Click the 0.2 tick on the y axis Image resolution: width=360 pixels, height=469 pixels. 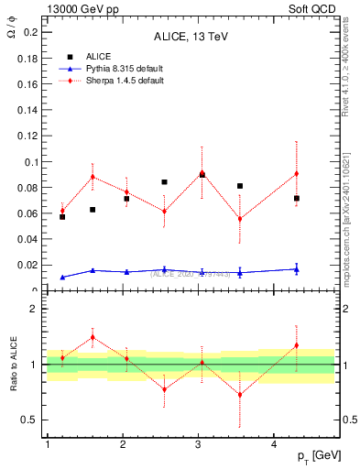click(31, 32)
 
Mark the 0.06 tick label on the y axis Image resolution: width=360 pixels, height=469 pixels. click(28, 213)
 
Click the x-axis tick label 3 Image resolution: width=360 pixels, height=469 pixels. click(198, 444)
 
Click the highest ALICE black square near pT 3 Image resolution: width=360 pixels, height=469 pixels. click(202, 174)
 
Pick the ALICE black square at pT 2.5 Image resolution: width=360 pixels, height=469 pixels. click(164, 182)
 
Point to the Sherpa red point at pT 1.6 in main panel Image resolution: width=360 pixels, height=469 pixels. click(93, 177)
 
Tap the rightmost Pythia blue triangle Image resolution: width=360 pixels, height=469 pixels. click(296, 269)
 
